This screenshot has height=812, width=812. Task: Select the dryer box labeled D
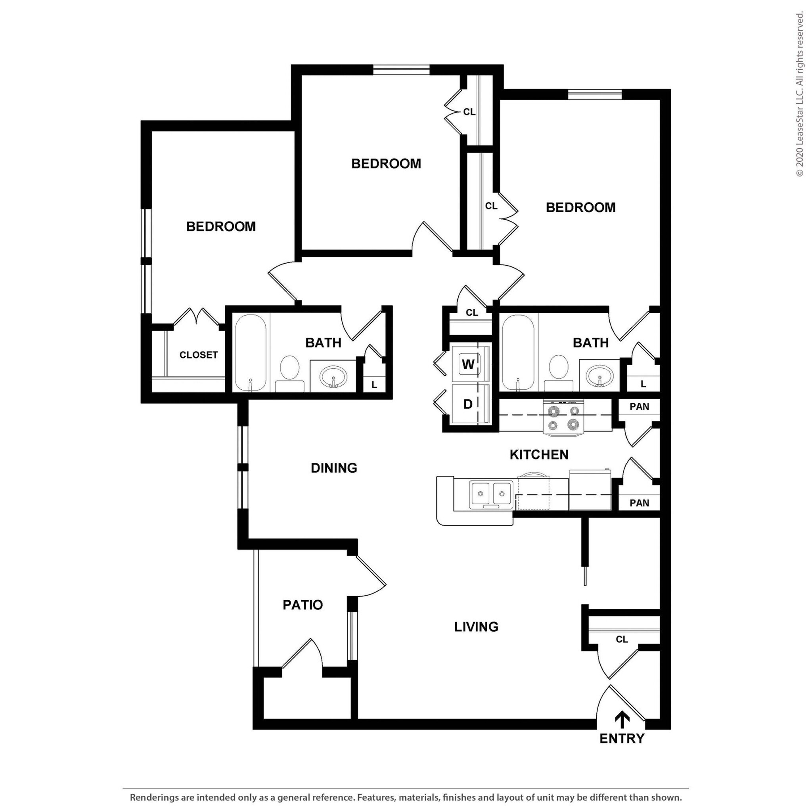pos(468,404)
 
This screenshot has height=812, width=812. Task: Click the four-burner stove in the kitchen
pos(564,417)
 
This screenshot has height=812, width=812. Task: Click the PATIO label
pos(303,605)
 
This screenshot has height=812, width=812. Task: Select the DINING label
pos(334,468)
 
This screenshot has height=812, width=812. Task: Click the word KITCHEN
pos(539,454)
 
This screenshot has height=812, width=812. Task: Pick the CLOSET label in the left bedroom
pos(198,355)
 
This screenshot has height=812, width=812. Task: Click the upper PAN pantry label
pos(639,407)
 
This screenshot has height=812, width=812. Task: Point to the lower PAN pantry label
pos(639,503)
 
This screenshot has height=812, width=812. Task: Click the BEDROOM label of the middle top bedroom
pos(386,163)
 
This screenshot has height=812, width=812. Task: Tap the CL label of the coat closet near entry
pos(622,639)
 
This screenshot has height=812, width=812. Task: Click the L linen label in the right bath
pos(643,384)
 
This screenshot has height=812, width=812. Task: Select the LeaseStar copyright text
pos(799,95)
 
